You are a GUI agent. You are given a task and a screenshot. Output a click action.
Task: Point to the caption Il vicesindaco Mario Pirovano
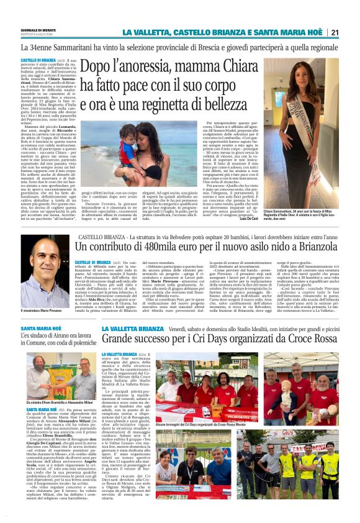[x=45, y=309]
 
